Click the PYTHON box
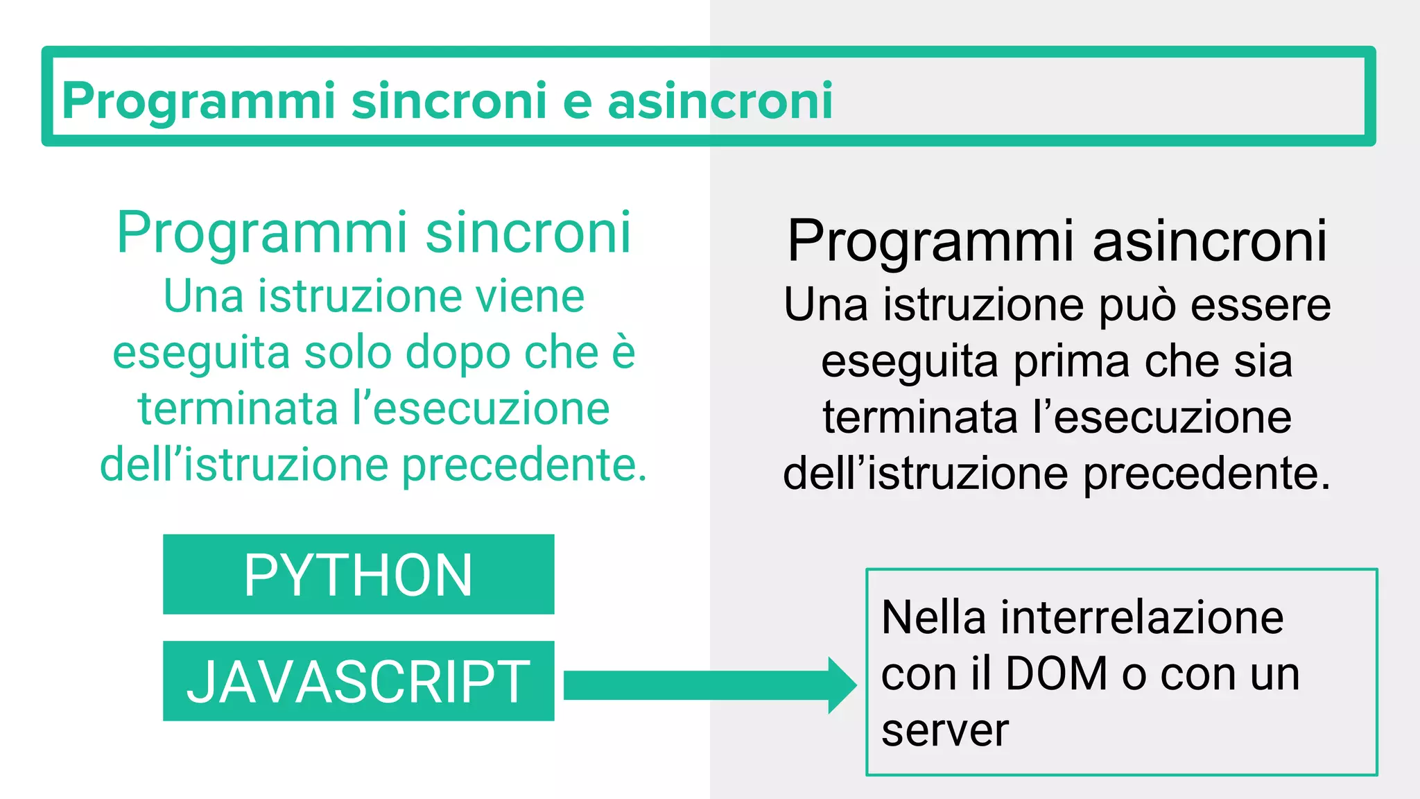(x=358, y=574)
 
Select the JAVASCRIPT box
(x=358, y=681)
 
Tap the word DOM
(x=1056, y=673)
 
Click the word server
(x=944, y=730)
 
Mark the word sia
(x=1267, y=361)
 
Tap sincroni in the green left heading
(x=528, y=232)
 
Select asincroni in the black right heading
(x=1210, y=241)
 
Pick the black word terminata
(x=919, y=418)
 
